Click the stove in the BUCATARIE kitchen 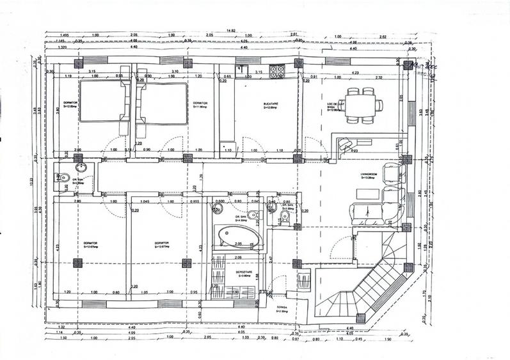tap(277, 72)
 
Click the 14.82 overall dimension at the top tap(230, 30)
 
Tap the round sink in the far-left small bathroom tap(81, 168)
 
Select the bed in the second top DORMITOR tap(164, 102)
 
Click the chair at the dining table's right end tap(379, 106)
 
